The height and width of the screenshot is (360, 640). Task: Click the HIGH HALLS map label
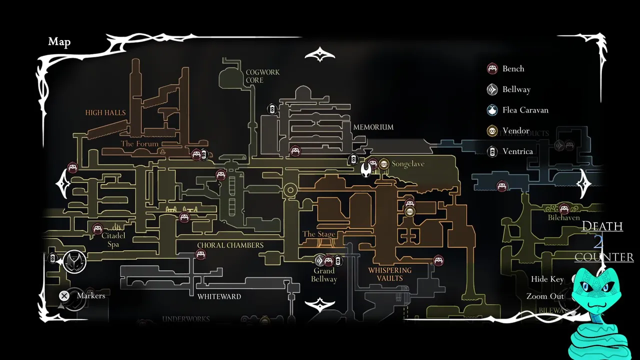[105, 112]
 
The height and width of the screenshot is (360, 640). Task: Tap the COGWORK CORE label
[262, 76]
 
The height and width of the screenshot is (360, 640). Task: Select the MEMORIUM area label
[373, 127]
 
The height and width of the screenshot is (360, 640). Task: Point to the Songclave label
[408, 164]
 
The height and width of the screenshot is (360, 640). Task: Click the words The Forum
[139, 144]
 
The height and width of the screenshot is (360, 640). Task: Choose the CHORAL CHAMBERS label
[230, 245]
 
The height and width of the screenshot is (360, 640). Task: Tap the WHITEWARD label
[219, 296]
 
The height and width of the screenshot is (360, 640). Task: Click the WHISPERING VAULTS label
[389, 274]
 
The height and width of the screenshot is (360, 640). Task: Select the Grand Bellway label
[324, 275]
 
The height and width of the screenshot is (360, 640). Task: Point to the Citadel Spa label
[113, 239]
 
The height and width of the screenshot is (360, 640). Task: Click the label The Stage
[319, 234]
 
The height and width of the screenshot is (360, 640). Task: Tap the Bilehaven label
[564, 217]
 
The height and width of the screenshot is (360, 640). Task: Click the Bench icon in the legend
[492, 69]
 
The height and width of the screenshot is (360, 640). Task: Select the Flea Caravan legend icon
[492, 110]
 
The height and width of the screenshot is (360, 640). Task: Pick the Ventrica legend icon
[492, 151]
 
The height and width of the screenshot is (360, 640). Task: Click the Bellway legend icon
[492, 89]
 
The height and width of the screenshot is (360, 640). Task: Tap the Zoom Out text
[545, 296]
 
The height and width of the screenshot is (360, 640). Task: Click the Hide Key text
[547, 279]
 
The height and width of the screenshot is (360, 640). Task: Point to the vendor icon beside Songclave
[384, 163]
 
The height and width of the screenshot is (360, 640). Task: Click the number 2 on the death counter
[598, 242]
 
